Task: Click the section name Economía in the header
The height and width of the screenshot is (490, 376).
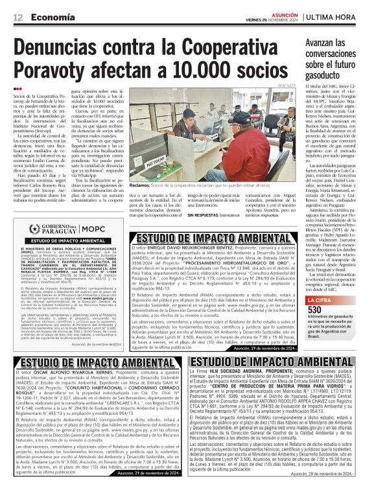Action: point(51,17)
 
